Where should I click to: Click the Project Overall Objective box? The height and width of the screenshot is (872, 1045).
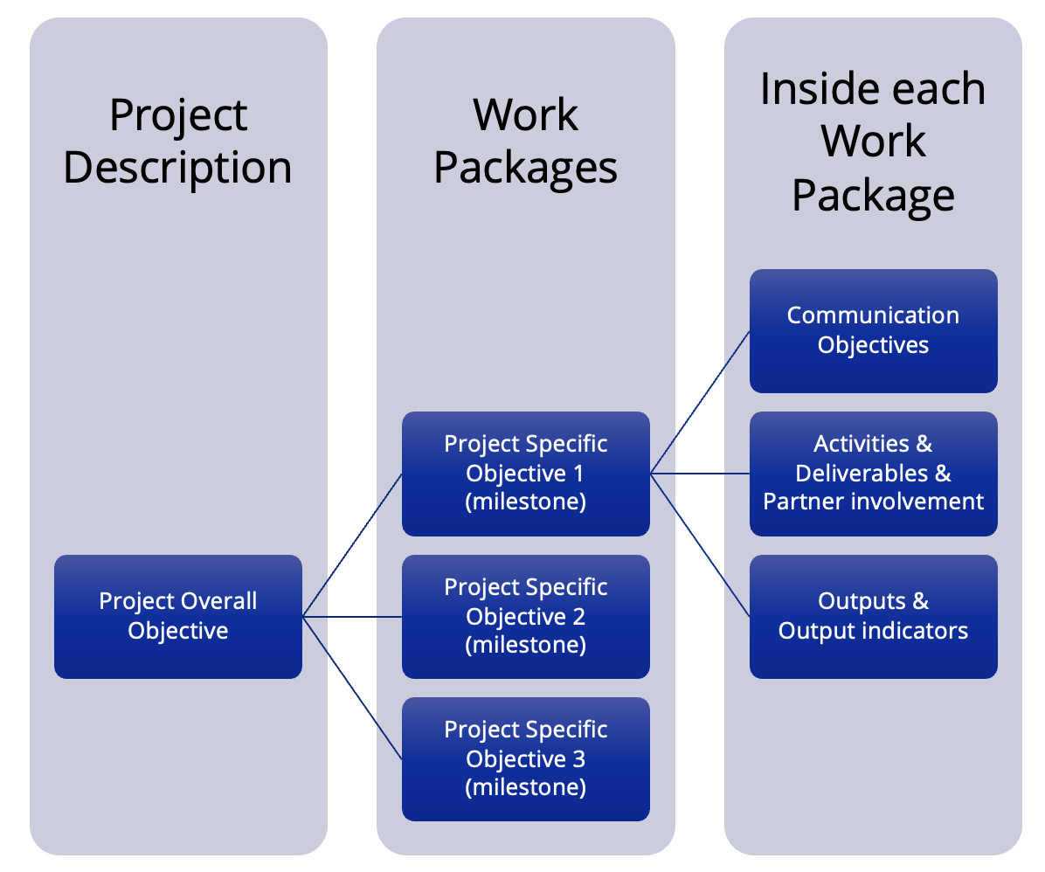point(178,616)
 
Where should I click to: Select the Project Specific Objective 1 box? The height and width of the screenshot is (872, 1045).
point(525,473)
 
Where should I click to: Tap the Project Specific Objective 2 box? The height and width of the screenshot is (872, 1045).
point(525,616)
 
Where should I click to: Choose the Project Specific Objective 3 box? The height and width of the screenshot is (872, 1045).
point(525,758)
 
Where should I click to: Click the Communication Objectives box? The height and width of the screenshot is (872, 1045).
point(873,330)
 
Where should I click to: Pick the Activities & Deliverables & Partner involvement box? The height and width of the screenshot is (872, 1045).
point(873,473)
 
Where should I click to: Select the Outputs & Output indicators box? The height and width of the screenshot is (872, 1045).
point(873,616)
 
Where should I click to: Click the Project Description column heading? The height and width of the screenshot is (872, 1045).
point(178,142)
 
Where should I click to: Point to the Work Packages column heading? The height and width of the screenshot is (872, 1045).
point(525,142)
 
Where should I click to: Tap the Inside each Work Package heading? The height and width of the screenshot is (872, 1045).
point(873,142)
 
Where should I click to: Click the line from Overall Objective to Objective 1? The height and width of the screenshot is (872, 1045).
point(352,545)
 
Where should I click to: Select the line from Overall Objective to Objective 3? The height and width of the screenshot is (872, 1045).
point(352,688)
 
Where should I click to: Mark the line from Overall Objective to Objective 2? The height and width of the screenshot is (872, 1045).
point(352,617)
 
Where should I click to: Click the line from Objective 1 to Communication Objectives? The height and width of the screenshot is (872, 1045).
point(700,402)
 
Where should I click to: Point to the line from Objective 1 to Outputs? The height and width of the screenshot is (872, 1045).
point(700,545)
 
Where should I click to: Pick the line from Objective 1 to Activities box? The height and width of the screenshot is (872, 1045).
point(700,474)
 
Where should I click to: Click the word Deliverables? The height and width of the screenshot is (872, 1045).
point(862,473)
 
